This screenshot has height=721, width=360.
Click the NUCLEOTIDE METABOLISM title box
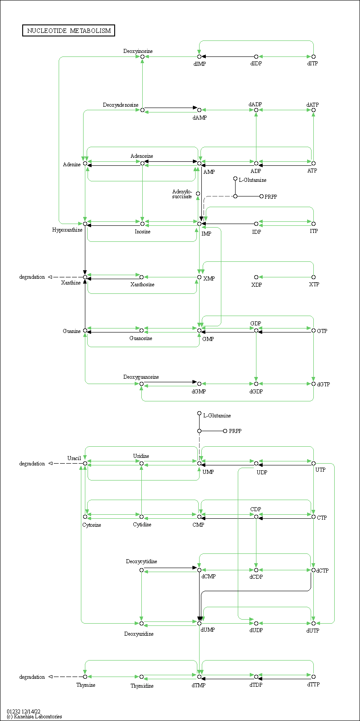[69, 31]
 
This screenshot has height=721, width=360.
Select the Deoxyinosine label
[138, 51]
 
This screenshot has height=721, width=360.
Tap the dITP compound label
[312, 64]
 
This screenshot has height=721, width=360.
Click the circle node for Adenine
[85, 163]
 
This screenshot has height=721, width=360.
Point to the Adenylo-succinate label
[182, 194]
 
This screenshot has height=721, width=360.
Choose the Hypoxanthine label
[67, 230]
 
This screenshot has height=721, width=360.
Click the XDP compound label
[256, 284]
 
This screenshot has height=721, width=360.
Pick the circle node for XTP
[313, 277]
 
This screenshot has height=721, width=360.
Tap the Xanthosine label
[142, 284]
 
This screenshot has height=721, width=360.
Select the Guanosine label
[141, 338]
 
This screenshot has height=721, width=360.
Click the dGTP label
[324, 384]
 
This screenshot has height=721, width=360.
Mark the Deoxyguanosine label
[141, 377]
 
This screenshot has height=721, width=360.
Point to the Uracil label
[74, 458]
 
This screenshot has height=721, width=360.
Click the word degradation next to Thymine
[32, 677]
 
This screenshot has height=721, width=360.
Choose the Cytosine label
[92, 525]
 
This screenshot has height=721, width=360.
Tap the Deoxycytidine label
[141, 561]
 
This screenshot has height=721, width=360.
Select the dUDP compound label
[256, 630]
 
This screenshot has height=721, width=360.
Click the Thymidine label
[142, 686]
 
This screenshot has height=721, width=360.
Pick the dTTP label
[313, 685]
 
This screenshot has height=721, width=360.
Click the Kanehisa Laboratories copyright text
[34, 717]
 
